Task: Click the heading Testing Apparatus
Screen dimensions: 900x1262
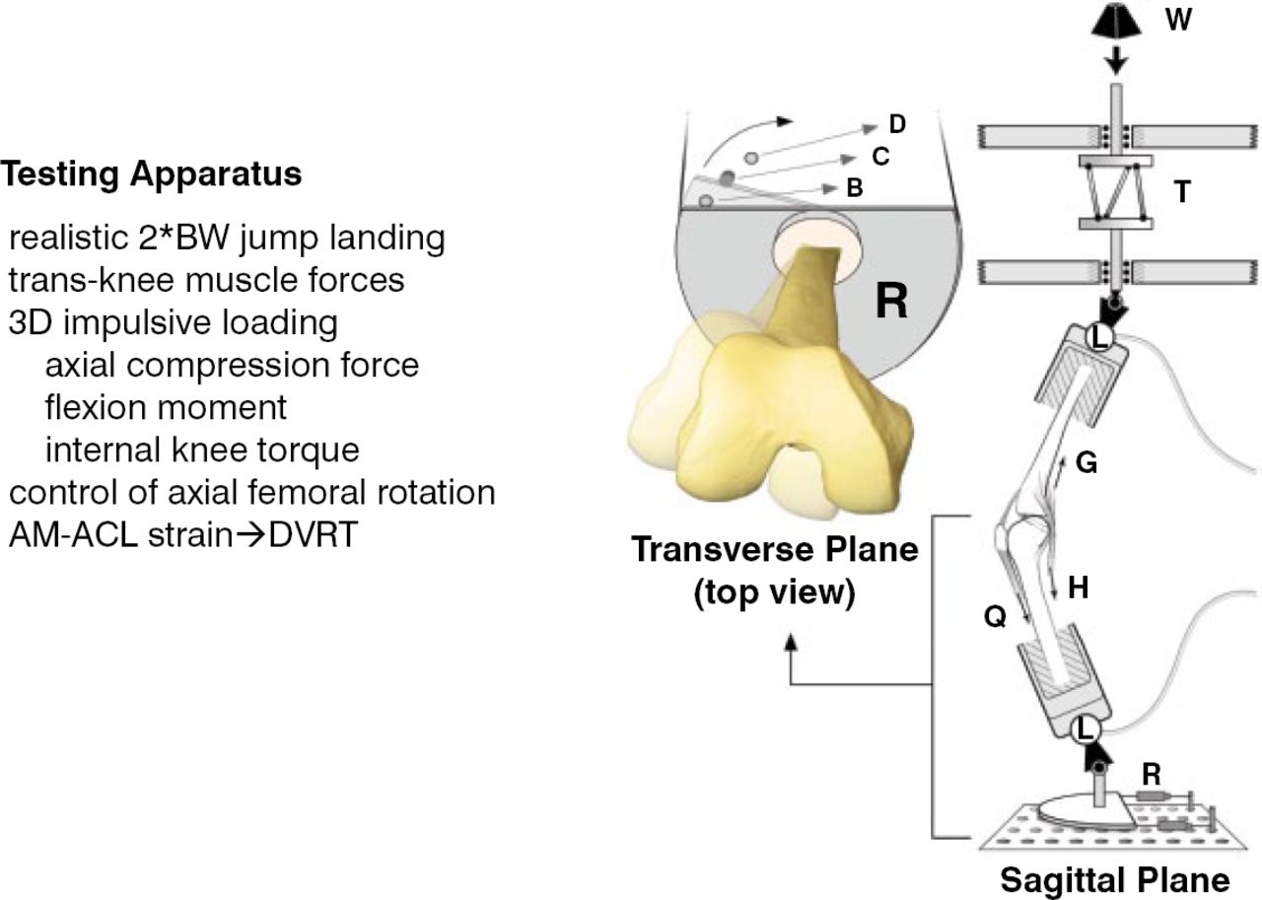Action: [x=151, y=174]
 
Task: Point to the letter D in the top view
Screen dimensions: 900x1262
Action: [x=896, y=124]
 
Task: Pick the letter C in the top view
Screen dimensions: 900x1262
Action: [x=880, y=156]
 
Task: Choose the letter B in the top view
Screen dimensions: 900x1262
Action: [x=855, y=187]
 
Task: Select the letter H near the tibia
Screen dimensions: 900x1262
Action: [x=1078, y=588]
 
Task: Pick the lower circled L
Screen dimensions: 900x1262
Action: [x=1085, y=729]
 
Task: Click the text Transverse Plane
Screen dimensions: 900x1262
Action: [x=775, y=548]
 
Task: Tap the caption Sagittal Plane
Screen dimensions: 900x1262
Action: [x=1115, y=880]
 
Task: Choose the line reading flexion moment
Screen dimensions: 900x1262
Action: [x=167, y=406]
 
